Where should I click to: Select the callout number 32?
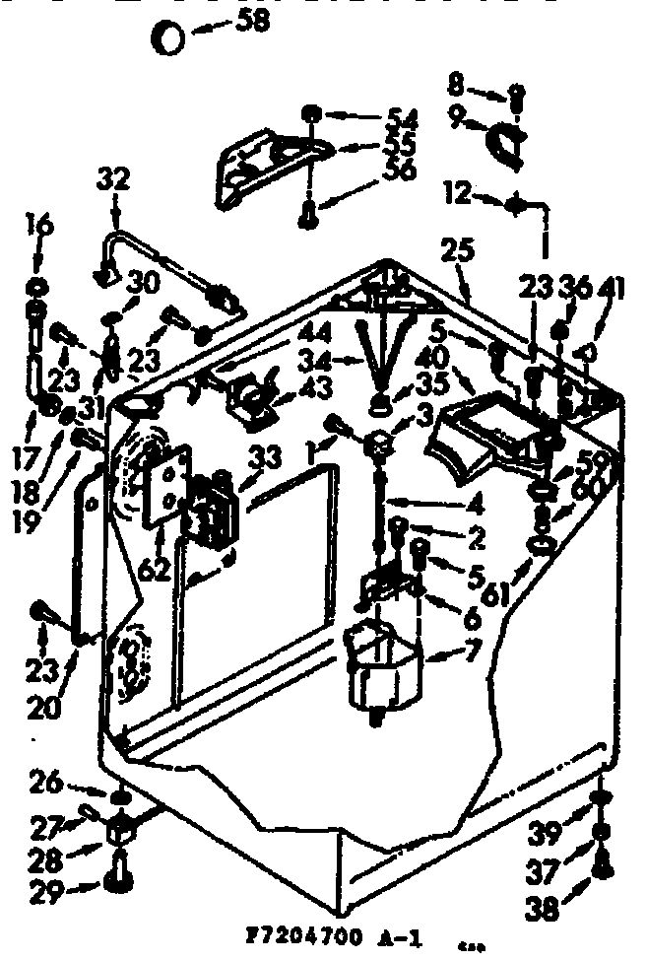(x=114, y=180)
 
